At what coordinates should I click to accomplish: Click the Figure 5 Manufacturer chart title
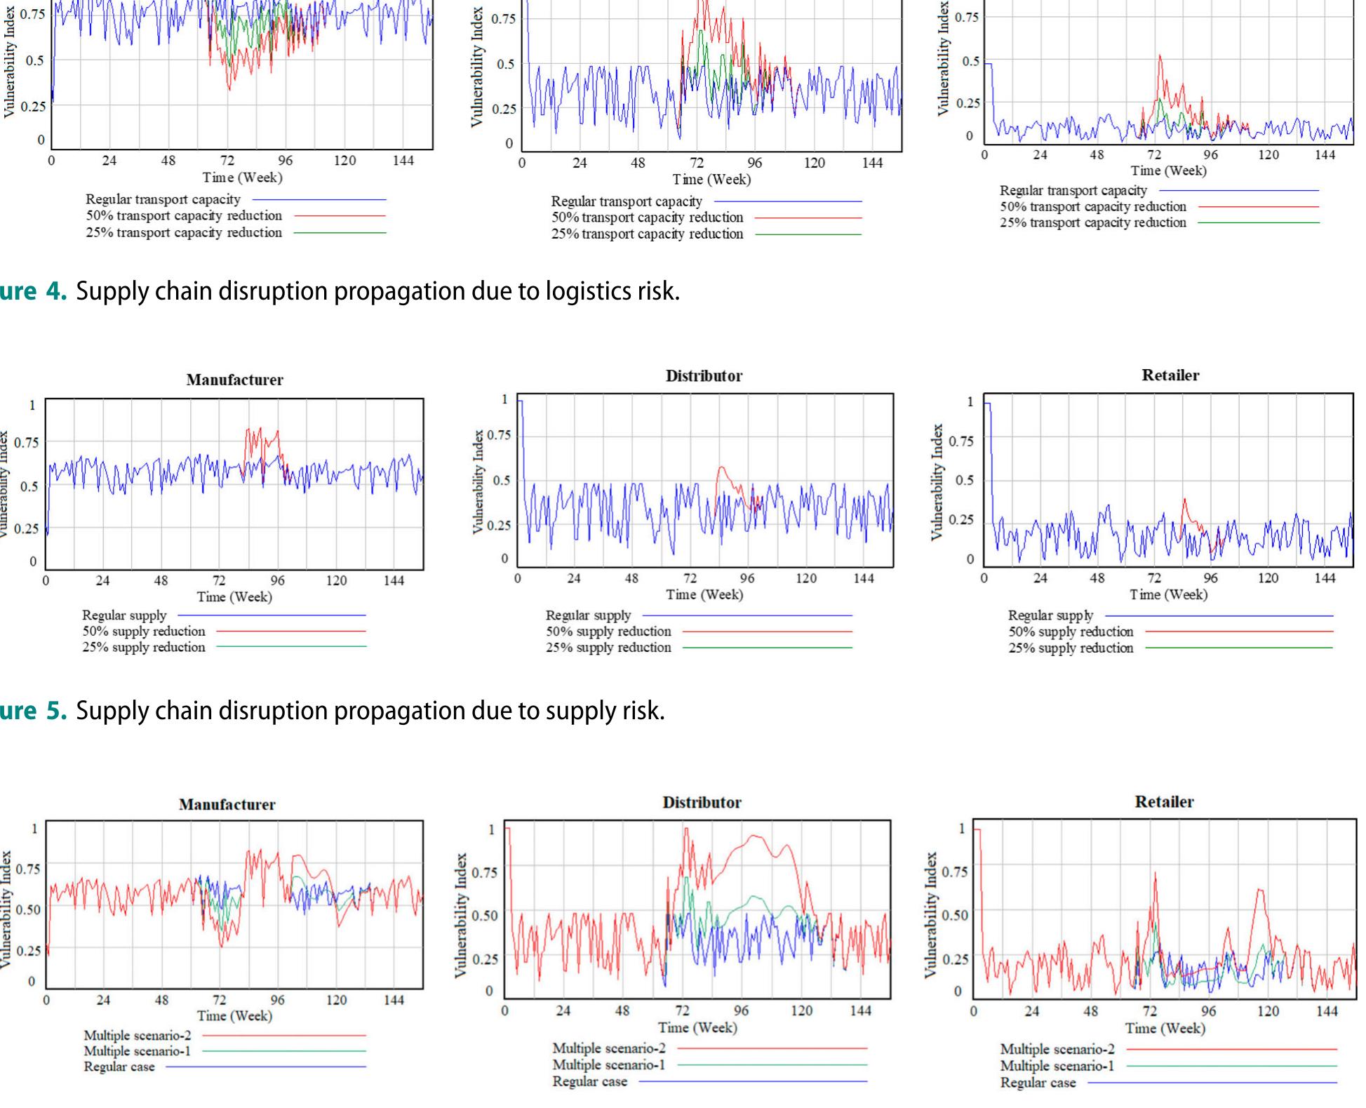[x=234, y=380]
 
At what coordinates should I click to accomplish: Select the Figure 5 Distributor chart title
[x=704, y=376]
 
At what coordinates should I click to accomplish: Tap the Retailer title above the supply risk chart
[x=1170, y=375]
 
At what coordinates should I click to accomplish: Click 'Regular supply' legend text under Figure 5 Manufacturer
[x=124, y=615]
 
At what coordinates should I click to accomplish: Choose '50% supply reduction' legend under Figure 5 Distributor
[x=608, y=632]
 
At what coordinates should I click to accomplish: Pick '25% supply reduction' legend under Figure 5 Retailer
[x=1071, y=648]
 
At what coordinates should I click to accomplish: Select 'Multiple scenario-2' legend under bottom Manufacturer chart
[x=137, y=1035]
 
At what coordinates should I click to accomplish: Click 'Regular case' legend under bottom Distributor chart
[x=589, y=1081]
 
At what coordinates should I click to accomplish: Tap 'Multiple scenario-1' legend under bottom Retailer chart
[x=1057, y=1067]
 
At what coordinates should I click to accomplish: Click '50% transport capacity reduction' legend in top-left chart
[x=184, y=216]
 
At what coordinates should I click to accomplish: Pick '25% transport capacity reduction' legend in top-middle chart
[x=647, y=234]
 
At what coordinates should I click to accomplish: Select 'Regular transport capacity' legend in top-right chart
[x=1073, y=190]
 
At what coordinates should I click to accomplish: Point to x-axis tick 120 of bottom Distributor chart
[x=801, y=1011]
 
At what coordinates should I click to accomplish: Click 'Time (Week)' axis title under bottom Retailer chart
[x=1165, y=1029]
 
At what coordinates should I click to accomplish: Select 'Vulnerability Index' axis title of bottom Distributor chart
[x=460, y=915]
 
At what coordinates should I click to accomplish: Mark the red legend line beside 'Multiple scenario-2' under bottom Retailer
[x=1231, y=1050]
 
